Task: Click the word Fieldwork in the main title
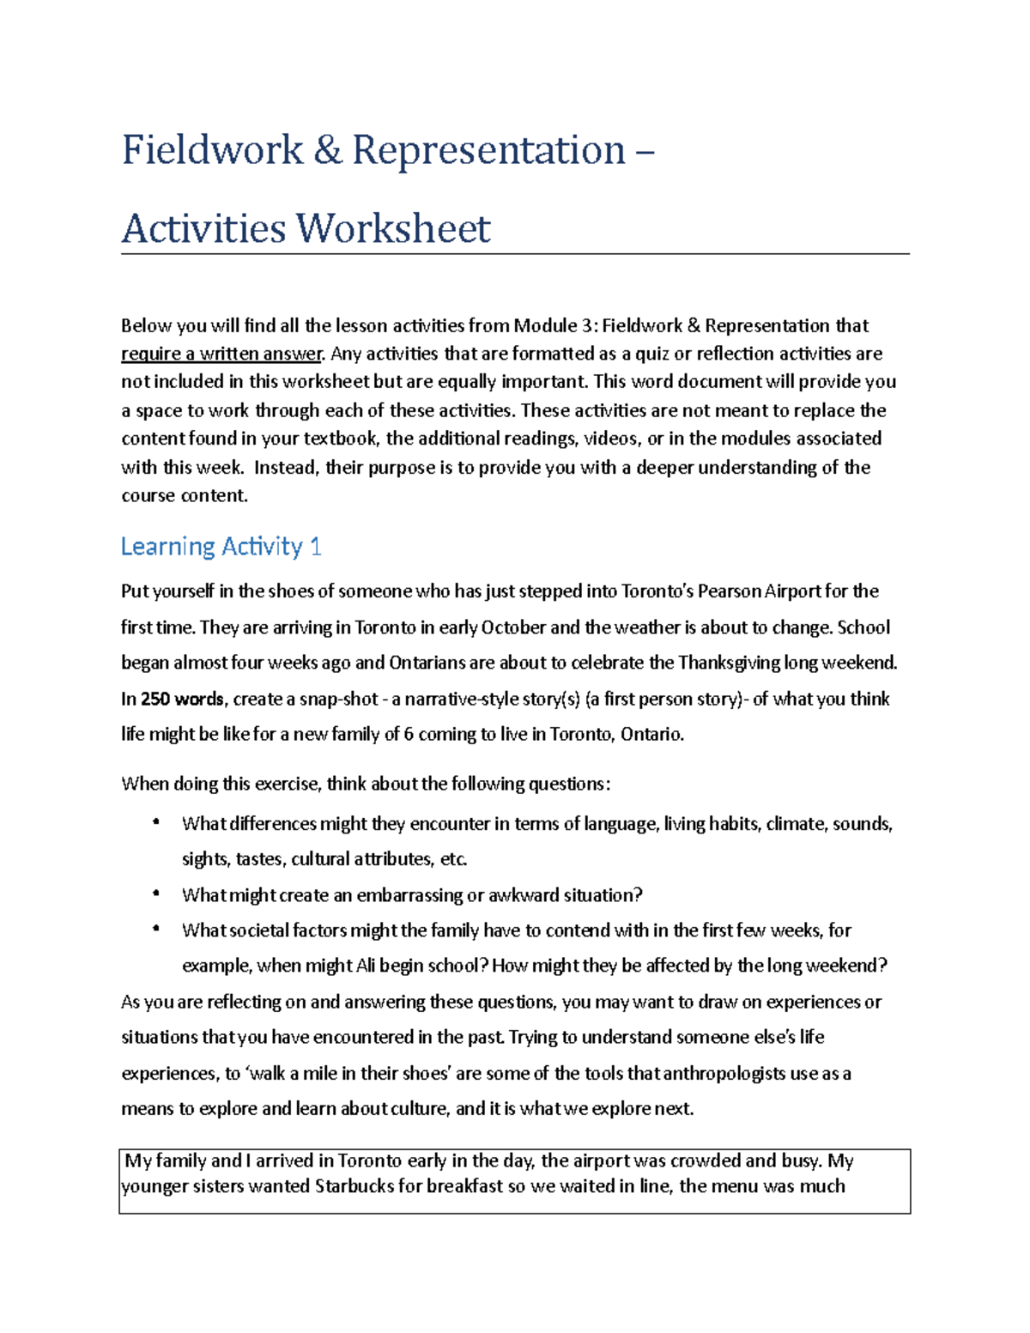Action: click(x=212, y=150)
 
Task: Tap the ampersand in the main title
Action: click(x=327, y=150)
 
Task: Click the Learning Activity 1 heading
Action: click(x=221, y=547)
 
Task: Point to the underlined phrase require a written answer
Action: click(x=222, y=354)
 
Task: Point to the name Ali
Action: click(x=366, y=966)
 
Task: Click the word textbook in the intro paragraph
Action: click(x=340, y=439)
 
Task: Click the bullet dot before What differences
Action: click(x=155, y=822)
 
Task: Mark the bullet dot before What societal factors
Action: click(x=155, y=929)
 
